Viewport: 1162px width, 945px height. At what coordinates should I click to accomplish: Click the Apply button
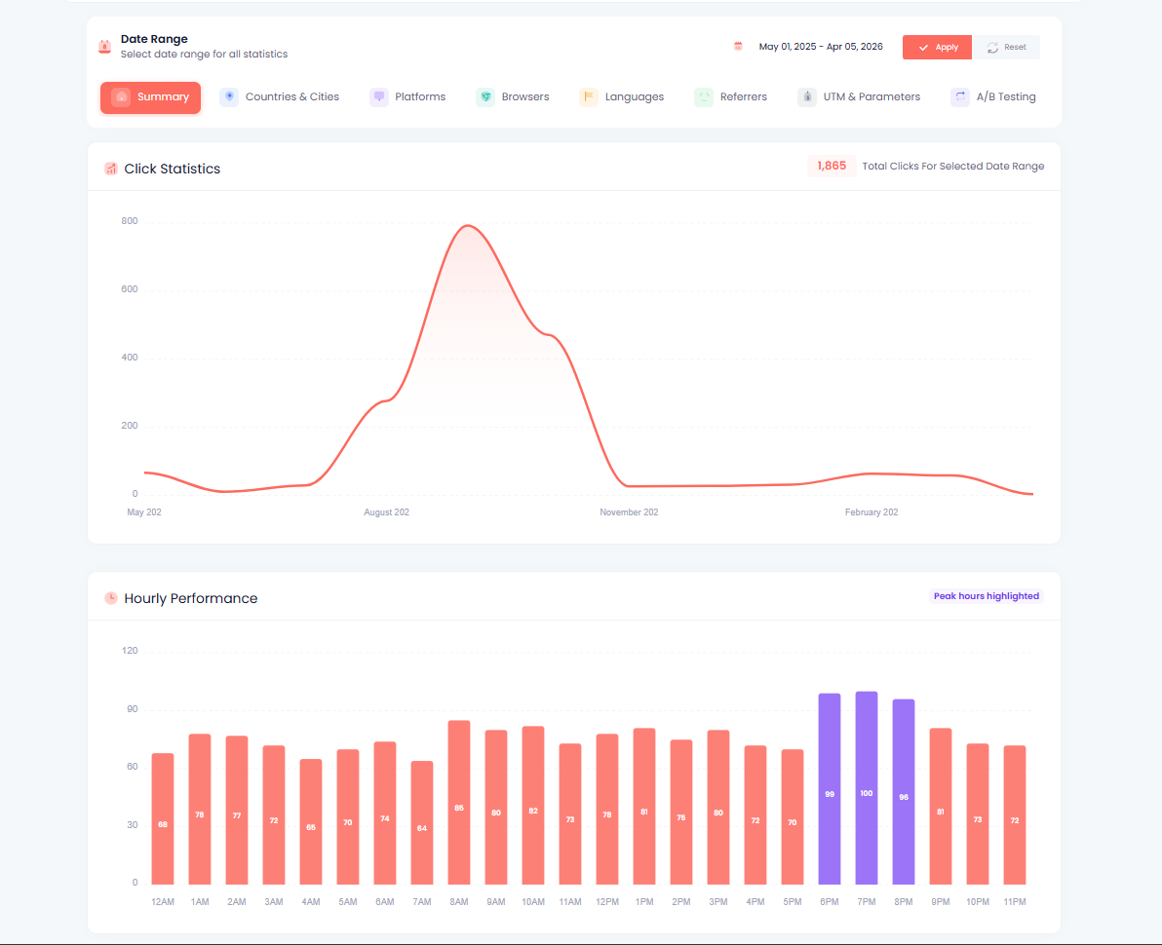click(x=937, y=47)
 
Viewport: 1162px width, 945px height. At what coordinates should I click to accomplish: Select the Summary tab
click(x=150, y=97)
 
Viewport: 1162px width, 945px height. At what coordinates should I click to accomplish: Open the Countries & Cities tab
click(x=280, y=97)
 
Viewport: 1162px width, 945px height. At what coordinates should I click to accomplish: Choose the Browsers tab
click(x=513, y=97)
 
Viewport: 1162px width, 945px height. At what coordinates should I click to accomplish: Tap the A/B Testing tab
click(x=993, y=97)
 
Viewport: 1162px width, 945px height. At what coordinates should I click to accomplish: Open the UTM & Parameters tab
click(x=859, y=97)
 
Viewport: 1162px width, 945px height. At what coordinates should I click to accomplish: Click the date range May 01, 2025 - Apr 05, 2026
click(x=820, y=47)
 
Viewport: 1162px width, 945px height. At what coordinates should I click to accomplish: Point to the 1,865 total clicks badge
click(x=832, y=167)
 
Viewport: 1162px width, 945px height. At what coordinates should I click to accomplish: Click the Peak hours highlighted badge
click(x=986, y=596)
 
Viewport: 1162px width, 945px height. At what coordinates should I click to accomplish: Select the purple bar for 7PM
click(x=867, y=788)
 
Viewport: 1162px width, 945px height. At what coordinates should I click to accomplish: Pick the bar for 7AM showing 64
click(x=422, y=822)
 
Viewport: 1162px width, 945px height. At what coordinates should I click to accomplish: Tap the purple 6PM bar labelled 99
click(x=830, y=789)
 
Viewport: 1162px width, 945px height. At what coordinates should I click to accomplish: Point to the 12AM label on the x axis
click(x=163, y=902)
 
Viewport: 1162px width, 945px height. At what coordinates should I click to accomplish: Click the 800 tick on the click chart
click(x=129, y=221)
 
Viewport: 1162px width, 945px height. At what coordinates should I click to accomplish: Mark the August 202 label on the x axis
click(x=386, y=512)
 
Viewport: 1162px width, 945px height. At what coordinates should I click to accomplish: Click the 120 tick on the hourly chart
click(x=129, y=651)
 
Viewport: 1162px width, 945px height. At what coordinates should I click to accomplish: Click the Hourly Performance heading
click(x=191, y=598)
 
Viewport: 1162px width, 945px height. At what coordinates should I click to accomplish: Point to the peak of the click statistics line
click(x=469, y=226)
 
